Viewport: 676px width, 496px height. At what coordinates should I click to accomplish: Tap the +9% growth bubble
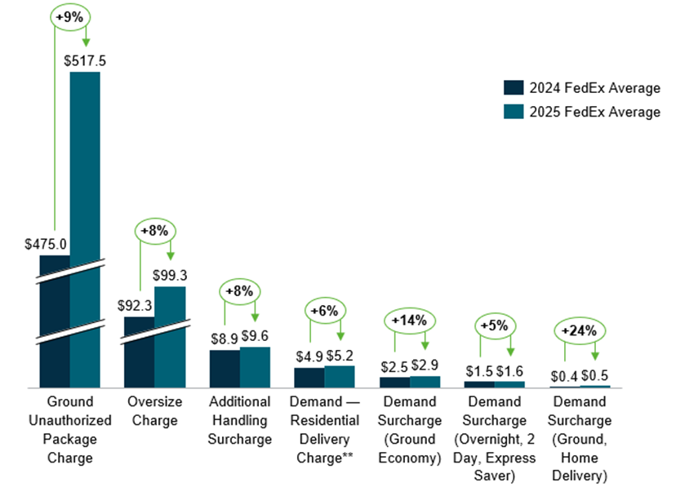tap(70, 16)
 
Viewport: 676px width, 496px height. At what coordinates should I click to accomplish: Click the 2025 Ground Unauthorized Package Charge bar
tap(85, 228)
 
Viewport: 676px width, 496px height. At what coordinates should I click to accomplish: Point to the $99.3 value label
tap(169, 274)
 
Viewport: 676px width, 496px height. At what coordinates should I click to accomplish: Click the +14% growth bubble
tap(409, 321)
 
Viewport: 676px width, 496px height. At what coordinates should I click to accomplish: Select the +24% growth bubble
tap(580, 331)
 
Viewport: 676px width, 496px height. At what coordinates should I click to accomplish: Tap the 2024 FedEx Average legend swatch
tap(513, 88)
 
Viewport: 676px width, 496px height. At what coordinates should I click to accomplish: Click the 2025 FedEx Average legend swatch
tap(513, 113)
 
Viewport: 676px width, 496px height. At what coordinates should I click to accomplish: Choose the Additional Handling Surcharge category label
tap(240, 421)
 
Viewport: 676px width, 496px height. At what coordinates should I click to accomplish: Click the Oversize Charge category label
tap(154, 411)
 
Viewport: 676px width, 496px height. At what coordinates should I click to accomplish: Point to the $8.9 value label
tap(225, 336)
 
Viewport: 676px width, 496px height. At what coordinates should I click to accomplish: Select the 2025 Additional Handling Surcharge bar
tap(255, 367)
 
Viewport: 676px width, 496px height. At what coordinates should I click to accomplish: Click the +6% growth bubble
tap(326, 311)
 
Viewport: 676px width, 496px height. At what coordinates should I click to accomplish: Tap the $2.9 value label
tap(425, 364)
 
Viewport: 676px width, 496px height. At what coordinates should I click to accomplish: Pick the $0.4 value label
tap(564, 375)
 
